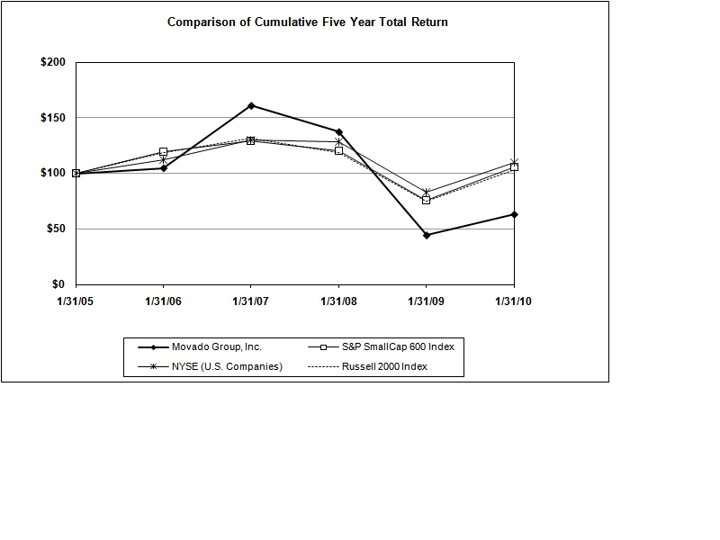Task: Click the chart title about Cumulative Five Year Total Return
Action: click(308, 22)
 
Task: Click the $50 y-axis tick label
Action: click(57, 229)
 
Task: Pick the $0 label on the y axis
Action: click(59, 284)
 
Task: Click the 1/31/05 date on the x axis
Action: click(76, 302)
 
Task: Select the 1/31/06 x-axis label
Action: click(164, 302)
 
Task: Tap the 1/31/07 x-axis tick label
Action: click(251, 302)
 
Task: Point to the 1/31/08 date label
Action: click(338, 302)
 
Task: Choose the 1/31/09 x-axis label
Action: click(427, 302)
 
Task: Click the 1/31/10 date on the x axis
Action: click(514, 302)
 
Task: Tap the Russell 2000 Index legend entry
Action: click(388, 366)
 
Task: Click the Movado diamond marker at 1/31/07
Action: click(251, 105)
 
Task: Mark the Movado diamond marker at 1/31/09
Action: click(427, 235)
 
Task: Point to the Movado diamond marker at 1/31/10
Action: click(514, 214)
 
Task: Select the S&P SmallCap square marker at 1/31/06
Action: click(164, 152)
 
